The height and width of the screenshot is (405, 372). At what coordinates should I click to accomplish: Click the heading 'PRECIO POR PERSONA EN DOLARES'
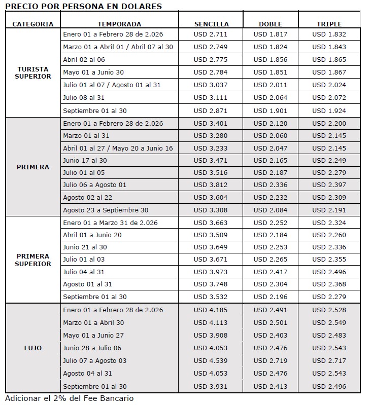coord(83,7)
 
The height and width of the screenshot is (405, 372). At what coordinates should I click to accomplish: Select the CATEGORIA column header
coord(32,24)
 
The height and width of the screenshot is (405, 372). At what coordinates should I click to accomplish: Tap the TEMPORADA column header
coord(119,24)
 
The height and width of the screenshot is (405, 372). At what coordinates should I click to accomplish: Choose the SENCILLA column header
coord(211,24)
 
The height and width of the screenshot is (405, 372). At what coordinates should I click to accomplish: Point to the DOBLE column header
coord(270,24)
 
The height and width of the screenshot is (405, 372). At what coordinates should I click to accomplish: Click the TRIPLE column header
coord(329,24)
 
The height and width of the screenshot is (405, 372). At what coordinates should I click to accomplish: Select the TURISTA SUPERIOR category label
coord(32,72)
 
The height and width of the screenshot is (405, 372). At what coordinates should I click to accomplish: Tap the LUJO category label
coord(32,348)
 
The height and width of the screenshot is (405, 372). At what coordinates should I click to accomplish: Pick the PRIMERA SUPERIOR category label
coord(32,260)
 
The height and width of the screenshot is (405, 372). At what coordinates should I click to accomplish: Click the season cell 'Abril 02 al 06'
coord(85,59)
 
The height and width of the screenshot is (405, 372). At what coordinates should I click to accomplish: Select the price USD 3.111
coord(211,98)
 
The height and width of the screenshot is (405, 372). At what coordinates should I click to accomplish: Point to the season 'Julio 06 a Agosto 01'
coord(94,185)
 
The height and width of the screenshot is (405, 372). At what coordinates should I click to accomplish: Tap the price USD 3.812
coord(211,185)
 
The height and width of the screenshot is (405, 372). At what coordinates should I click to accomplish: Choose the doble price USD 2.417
coord(270,272)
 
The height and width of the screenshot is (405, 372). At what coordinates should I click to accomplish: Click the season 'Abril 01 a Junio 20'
coord(92,235)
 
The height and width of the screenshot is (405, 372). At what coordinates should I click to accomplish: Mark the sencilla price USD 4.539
coord(211,361)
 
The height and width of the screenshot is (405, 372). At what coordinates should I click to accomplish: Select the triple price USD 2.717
coord(329,361)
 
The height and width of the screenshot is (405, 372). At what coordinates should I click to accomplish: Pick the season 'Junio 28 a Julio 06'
coord(92,348)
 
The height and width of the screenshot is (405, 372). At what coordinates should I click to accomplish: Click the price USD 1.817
coord(270,34)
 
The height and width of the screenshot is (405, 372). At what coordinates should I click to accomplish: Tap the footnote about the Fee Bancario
coord(70,398)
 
